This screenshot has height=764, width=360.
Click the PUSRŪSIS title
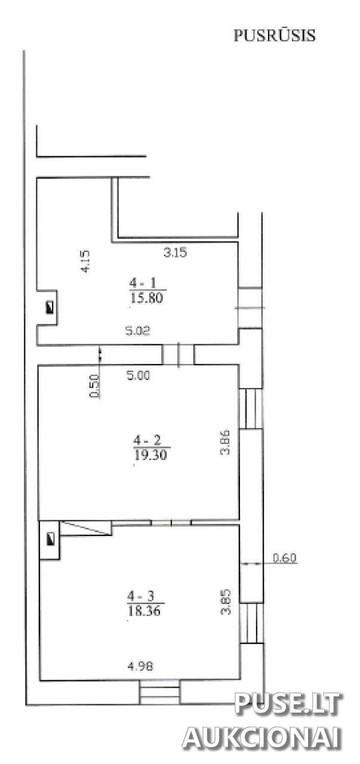[x=275, y=35]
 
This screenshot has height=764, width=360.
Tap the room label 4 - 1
[x=143, y=283]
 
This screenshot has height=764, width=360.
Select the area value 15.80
[x=146, y=298]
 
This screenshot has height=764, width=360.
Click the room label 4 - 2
[x=147, y=440]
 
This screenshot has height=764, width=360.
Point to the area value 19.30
[x=150, y=455]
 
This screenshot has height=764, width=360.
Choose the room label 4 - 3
[x=141, y=596]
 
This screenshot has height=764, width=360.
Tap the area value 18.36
[x=144, y=611]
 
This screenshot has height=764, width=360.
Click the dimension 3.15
[x=175, y=252]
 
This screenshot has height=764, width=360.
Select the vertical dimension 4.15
[x=85, y=261]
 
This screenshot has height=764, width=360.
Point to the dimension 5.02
[x=138, y=331]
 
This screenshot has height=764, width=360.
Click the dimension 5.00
[x=138, y=375]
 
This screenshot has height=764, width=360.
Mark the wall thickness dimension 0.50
[x=94, y=386]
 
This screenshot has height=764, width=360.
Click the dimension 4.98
[x=140, y=666]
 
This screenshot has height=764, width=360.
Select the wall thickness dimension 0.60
[x=285, y=558]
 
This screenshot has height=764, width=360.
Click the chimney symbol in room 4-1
[x=50, y=307]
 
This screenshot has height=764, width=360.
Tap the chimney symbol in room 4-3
[x=51, y=539]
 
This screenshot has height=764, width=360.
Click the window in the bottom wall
[x=159, y=692]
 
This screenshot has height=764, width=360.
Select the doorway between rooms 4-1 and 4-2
[x=178, y=355]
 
